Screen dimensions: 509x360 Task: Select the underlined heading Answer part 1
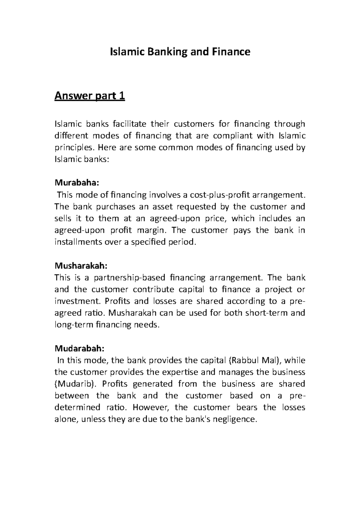89,97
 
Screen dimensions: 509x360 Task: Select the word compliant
230,136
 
